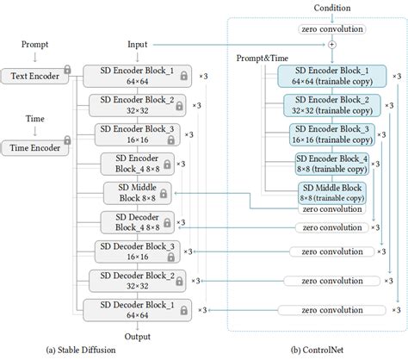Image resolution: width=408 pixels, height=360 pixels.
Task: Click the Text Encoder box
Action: point(35,76)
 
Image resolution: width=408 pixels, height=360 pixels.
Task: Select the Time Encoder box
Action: point(35,148)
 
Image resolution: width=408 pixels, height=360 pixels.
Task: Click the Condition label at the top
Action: point(331,9)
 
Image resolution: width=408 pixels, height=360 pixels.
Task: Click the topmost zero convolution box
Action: point(332,28)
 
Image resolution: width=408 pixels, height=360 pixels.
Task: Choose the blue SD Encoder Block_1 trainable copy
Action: point(331,76)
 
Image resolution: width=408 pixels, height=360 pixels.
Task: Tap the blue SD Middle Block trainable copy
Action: point(331,192)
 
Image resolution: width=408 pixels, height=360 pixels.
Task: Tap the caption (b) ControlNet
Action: point(318,351)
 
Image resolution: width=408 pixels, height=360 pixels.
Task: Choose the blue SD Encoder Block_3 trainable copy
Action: point(331,134)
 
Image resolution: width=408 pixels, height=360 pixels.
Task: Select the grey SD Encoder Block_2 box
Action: point(139,105)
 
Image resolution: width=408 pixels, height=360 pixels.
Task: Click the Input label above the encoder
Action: point(139,42)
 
